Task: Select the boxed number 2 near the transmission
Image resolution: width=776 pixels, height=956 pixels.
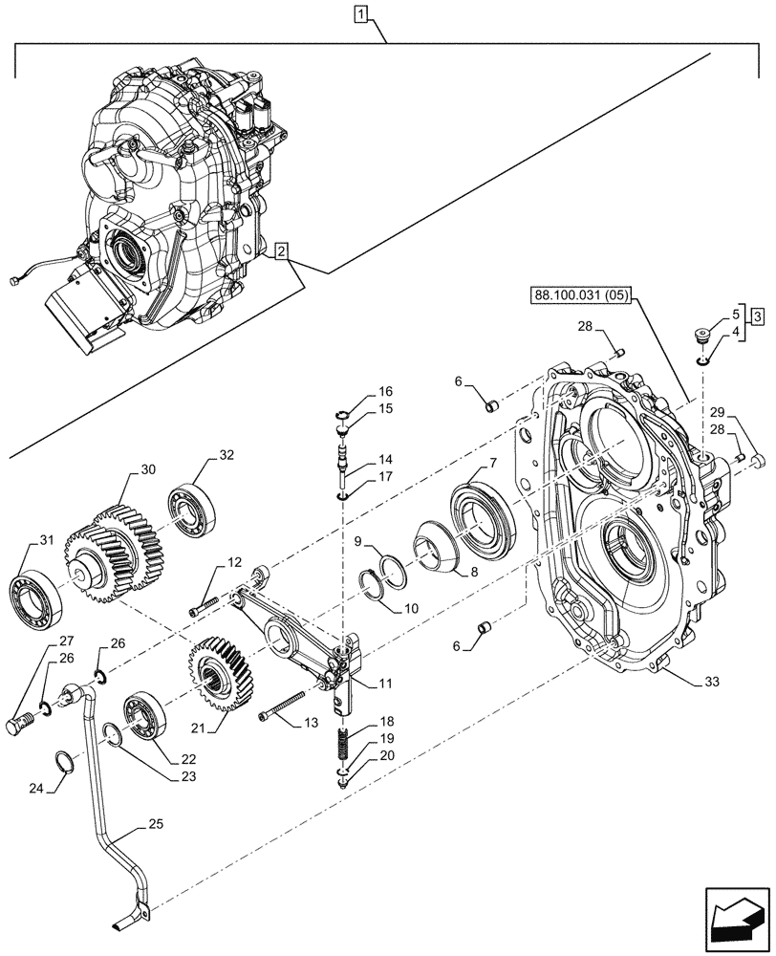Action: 279,251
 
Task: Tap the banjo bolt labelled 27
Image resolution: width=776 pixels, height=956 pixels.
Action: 22,723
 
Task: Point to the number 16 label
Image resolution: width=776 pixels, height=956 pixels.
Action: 385,392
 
